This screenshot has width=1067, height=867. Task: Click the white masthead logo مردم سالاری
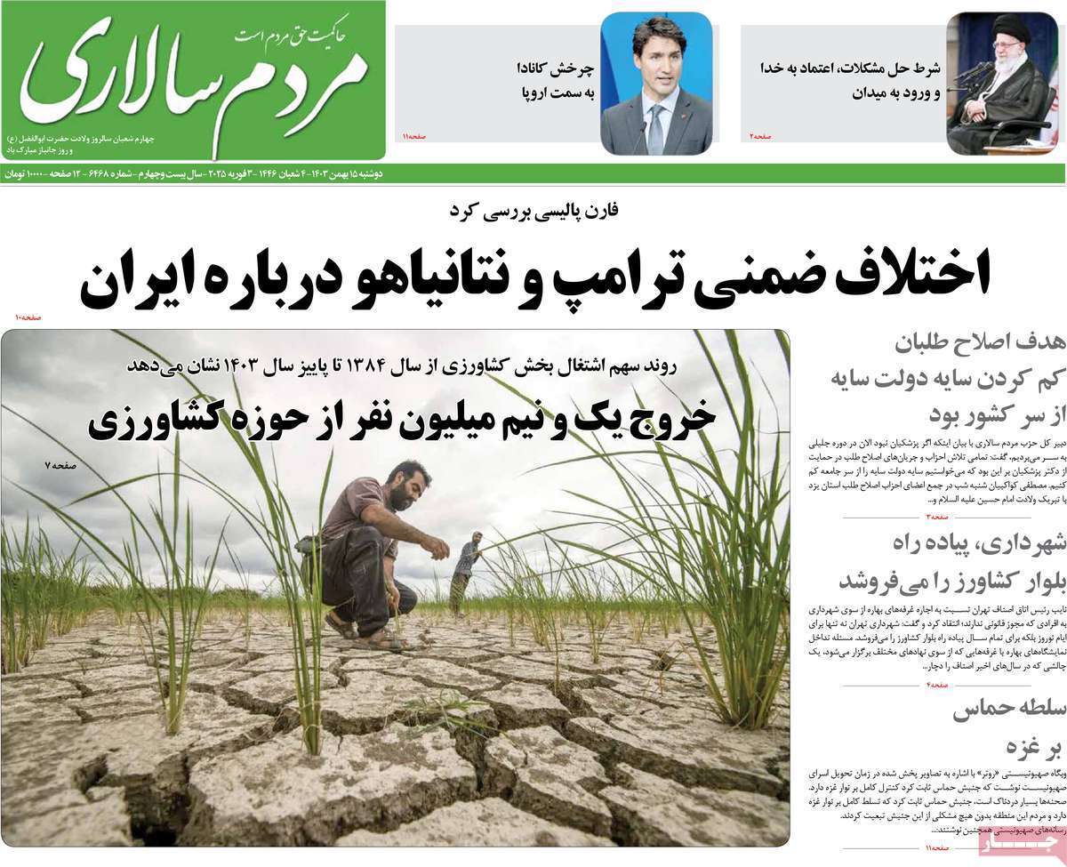click(191, 76)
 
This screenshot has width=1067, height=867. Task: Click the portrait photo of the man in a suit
click(656, 84)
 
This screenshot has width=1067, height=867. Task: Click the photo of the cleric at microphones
click(1002, 84)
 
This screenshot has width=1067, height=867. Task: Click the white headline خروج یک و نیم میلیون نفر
click(402, 420)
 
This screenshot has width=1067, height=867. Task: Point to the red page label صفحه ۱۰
click(29, 317)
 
